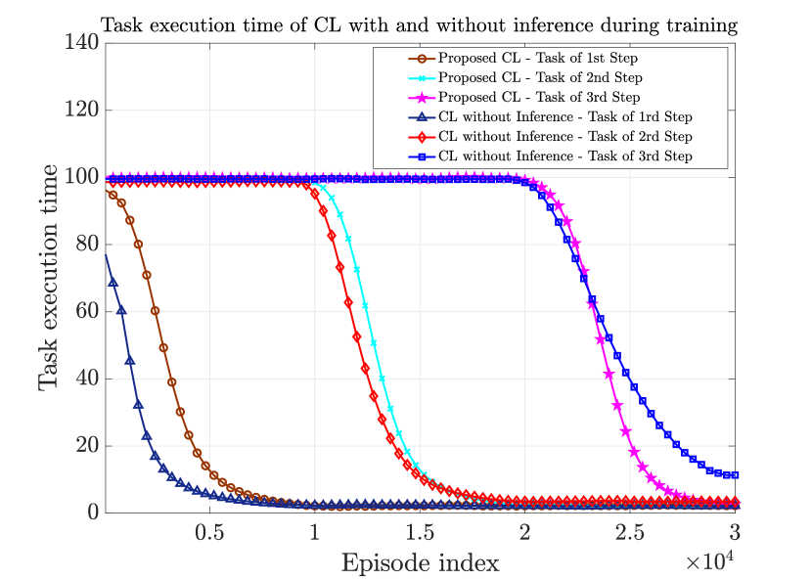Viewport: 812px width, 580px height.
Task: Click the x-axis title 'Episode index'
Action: click(x=420, y=562)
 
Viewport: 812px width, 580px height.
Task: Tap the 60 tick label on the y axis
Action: click(x=85, y=311)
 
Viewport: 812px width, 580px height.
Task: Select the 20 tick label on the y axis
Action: click(x=85, y=446)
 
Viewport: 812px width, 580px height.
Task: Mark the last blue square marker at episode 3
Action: click(x=734, y=475)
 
